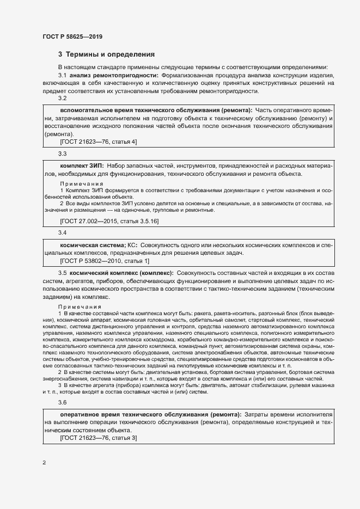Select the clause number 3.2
coord(62,99)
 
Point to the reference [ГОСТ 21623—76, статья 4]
coord(98,141)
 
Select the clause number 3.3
coord(62,154)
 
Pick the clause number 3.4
coord(62,233)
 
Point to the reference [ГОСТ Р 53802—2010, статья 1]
coord(104,261)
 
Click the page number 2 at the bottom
coord(44,463)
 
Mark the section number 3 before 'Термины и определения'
coord(60,54)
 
